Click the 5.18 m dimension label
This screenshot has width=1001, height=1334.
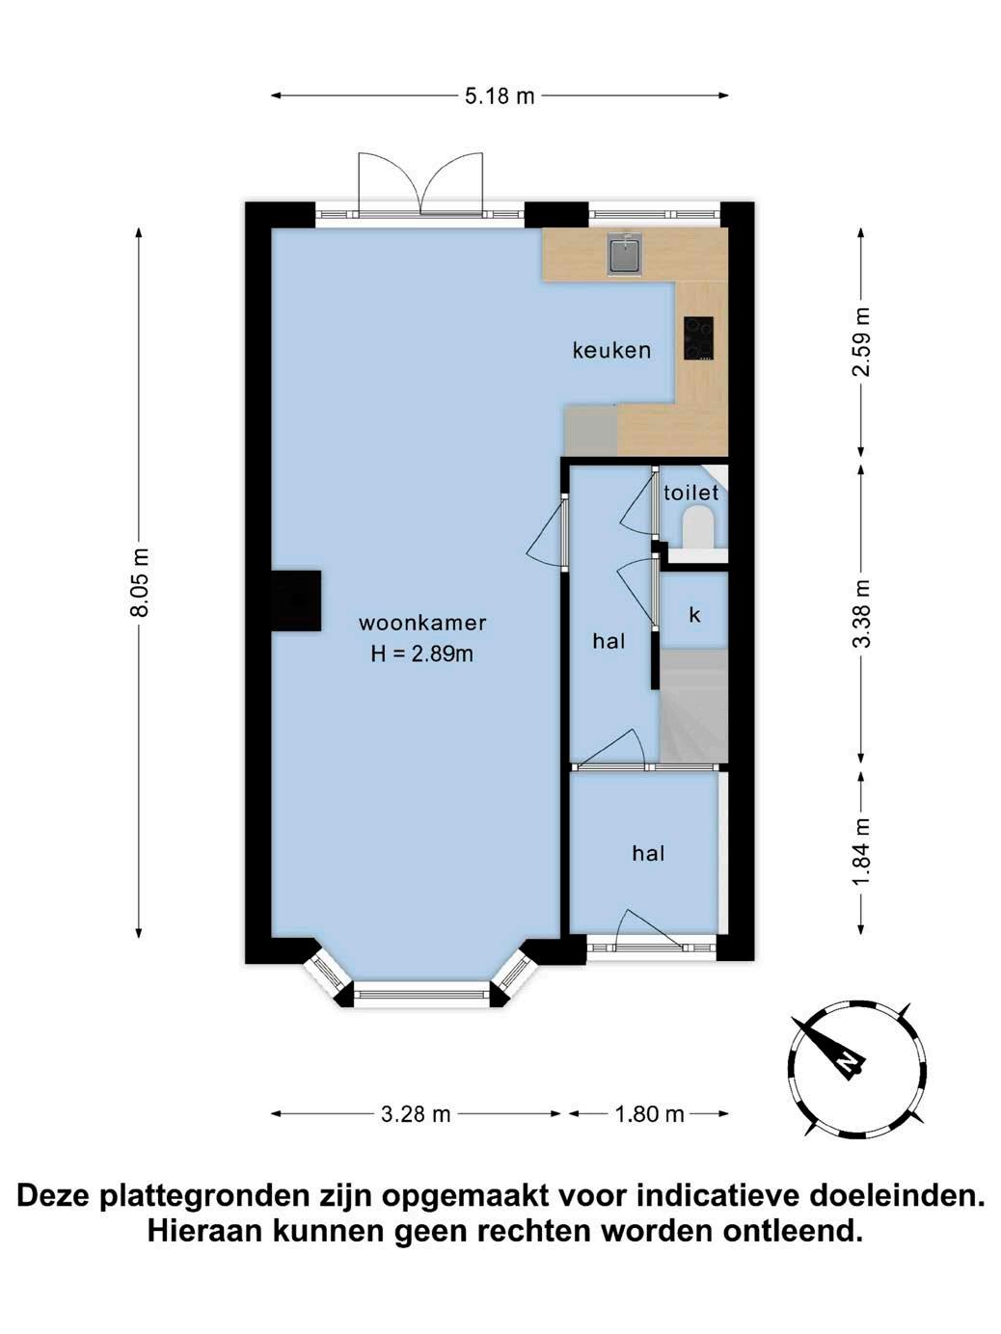tap(500, 95)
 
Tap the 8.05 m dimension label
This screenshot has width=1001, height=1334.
tap(140, 583)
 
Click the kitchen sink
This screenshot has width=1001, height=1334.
tap(626, 253)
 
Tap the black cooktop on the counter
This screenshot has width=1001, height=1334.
tap(698, 338)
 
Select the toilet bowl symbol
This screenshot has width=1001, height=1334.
tap(698, 527)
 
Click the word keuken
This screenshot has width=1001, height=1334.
tap(611, 350)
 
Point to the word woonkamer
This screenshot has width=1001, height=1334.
tap(422, 623)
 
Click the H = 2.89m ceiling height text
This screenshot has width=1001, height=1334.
tap(422, 654)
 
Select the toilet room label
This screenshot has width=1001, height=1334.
tap(691, 493)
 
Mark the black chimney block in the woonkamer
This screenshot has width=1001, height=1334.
tap(296, 600)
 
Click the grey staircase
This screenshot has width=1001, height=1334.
tap(693, 705)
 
